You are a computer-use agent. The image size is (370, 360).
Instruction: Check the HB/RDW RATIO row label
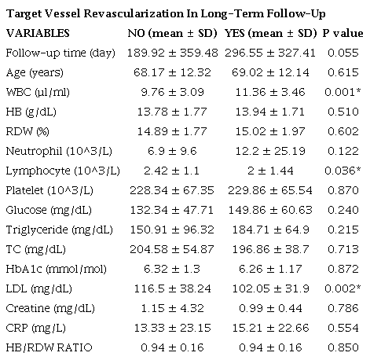(x=46, y=347)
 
